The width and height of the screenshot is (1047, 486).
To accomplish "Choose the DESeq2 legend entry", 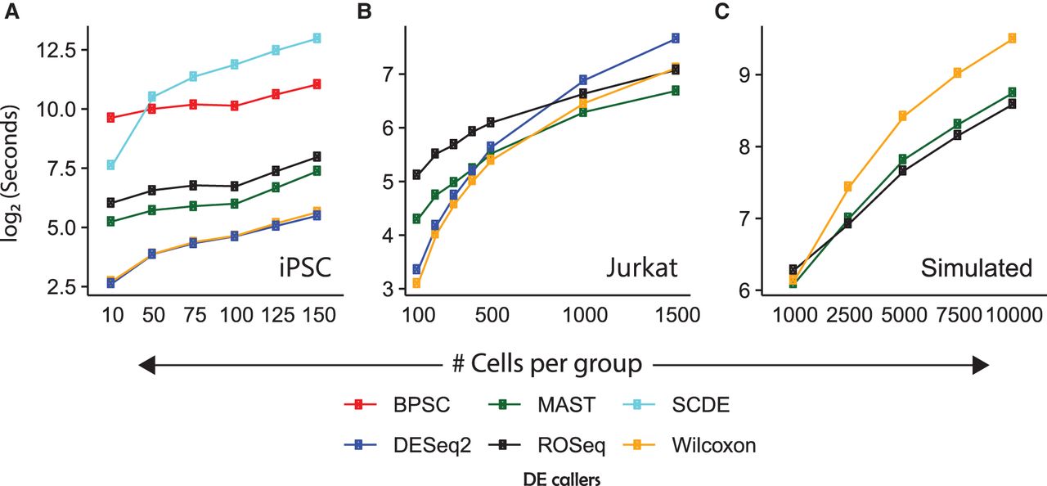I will pos(399,446).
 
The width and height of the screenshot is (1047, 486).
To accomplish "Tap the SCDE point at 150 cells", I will pos(316,38).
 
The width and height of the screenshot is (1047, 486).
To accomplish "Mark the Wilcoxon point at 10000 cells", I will pos(1012,38).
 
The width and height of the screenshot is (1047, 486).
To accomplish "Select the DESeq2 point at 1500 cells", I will pos(675,38).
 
